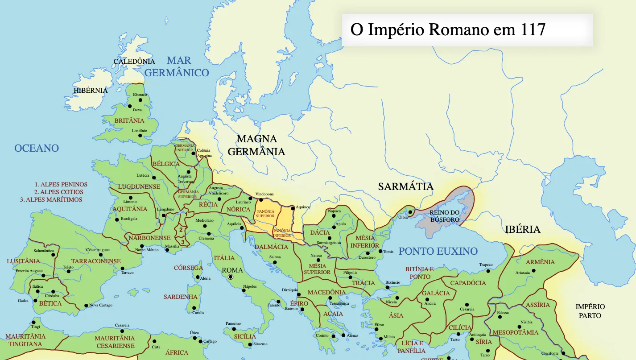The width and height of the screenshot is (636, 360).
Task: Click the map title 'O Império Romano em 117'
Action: [x=448, y=30]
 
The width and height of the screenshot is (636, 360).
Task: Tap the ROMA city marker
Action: [x=231, y=277]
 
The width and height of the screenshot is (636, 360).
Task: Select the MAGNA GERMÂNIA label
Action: [x=256, y=145]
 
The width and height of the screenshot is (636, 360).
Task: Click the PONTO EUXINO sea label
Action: [x=438, y=251]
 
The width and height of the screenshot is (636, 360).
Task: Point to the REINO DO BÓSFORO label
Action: [x=445, y=216]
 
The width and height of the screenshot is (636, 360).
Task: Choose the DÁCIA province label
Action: [x=320, y=232]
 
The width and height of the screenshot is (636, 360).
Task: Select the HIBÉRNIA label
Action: [x=91, y=91]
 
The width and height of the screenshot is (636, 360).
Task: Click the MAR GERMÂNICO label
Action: [x=177, y=66]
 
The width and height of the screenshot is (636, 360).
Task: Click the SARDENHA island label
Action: [x=180, y=297]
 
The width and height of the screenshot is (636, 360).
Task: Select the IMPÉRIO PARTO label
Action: [x=590, y=311]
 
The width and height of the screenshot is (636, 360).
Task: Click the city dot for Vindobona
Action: [x=250, y=199]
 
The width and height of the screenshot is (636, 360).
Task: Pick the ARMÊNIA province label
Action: [x=540, y=262]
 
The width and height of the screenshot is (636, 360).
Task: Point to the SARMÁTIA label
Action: [x=405, y=186]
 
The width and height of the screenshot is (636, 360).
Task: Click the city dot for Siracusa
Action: [x=250, y=344]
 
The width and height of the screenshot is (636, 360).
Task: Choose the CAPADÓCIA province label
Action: [x=468, y=283]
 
